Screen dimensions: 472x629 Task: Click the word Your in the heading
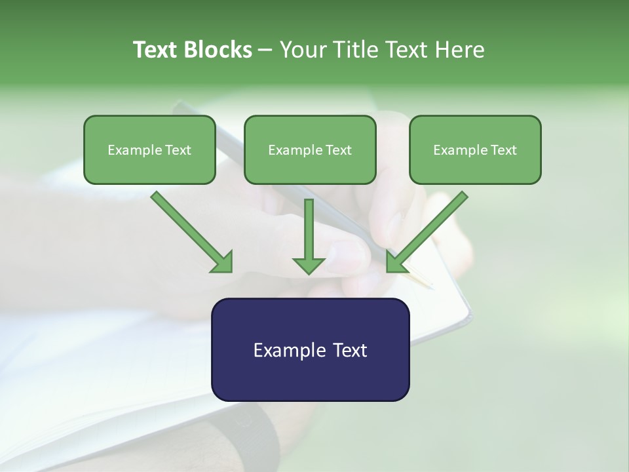(x=303, y=50)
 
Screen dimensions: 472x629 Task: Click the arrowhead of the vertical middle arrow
(x=309, y=264)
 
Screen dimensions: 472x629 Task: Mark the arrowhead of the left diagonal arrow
(x=223, y=262)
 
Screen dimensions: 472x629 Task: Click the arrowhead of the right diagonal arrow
(x=396, y=262)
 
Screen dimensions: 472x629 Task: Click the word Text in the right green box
(x=504, y=150)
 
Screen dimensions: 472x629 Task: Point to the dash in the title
(x=265, y=50)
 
